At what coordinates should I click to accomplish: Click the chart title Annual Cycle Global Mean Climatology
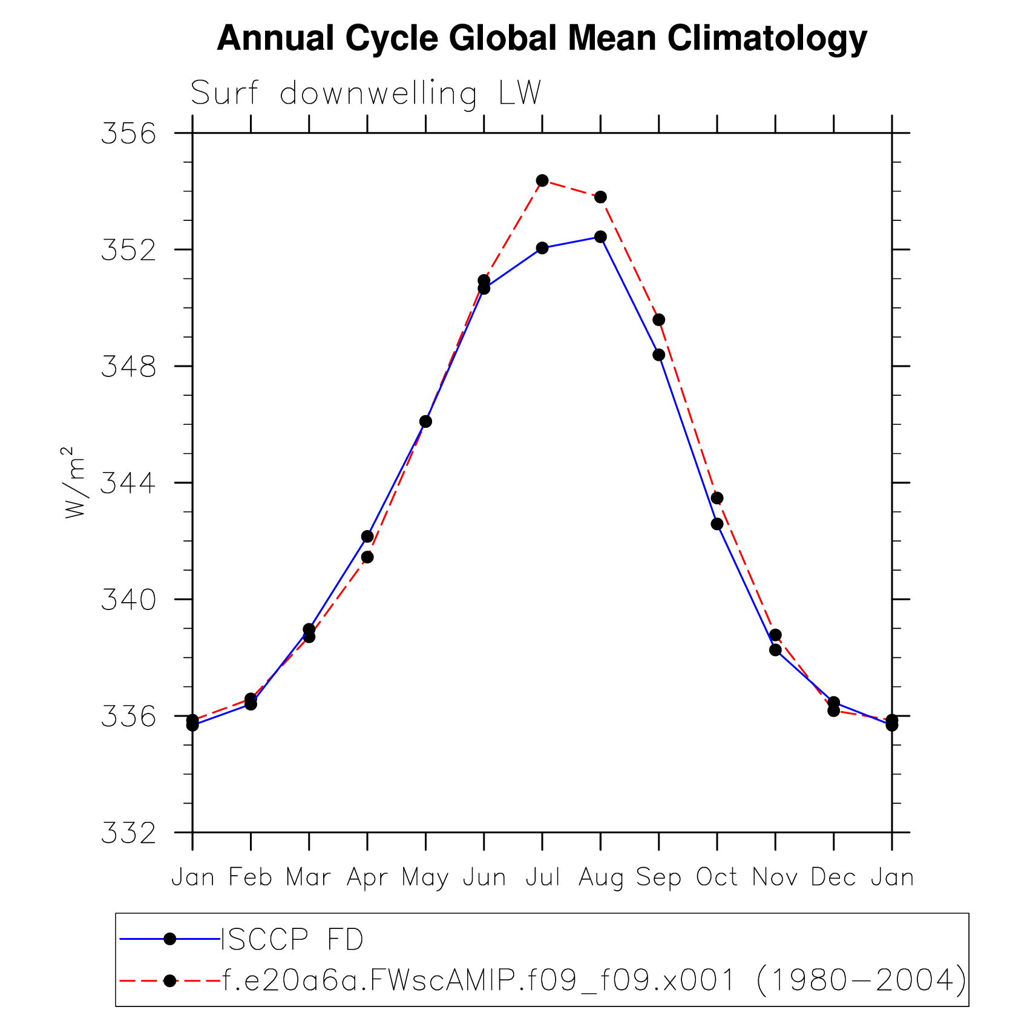point(542,39)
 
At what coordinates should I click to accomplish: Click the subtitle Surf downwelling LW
point(366,94)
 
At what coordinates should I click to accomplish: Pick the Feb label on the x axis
point(251,877)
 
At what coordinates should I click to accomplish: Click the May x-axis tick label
point(425,877)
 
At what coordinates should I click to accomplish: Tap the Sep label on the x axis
point(658,877)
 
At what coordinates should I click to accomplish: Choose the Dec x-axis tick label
point(833,877)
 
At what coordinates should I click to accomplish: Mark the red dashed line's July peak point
point(542,181)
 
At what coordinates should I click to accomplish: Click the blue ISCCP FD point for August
point(600,237)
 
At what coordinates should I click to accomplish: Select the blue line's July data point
point(542,248)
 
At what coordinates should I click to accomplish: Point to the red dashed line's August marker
point(600,197)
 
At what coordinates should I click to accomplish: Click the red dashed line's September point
point(659,320)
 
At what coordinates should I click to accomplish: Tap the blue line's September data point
point(659,355)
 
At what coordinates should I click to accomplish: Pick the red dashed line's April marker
point(367,557)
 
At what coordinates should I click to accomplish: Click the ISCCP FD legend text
point(292,940)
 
